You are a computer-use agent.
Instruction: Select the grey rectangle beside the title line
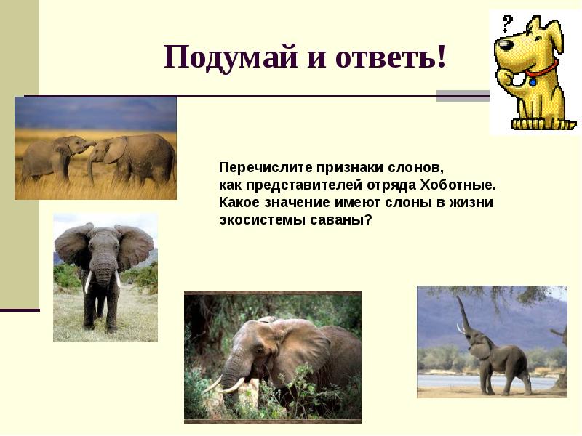[x=462, y=96]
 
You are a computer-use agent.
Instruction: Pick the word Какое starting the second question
[x=238, y=202]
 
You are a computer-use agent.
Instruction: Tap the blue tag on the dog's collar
[x=533, y=82]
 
